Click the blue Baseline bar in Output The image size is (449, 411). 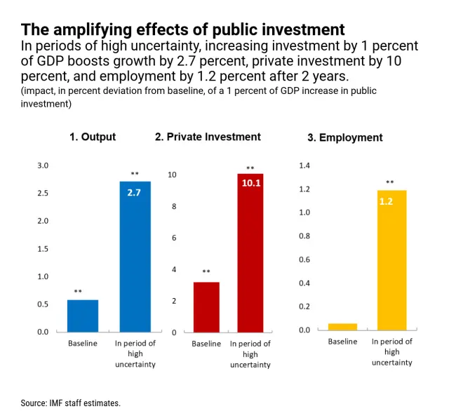point(83,316)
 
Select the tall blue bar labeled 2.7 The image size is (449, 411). point(135,256)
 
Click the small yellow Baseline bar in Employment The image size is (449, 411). point(342,326)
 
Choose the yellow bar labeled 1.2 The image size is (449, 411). point(391,260)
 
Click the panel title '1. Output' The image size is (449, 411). point(93,137)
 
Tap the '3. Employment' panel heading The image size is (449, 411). point(345,137)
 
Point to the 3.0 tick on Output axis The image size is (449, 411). point(43,166)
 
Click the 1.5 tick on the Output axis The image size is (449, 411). point(43,249)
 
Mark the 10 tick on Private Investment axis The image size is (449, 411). point(172,175)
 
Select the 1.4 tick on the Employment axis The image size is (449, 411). point(304,166)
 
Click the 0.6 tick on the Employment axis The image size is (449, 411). point(304,260)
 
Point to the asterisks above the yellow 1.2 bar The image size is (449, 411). point(390,182)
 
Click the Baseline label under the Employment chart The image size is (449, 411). point(342,342)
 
